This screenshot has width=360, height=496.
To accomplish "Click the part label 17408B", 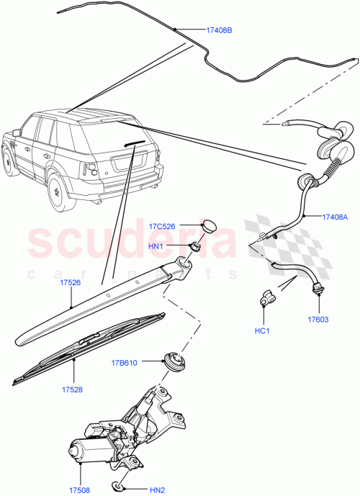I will point(220,31).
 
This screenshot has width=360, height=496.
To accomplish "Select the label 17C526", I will point(163,226).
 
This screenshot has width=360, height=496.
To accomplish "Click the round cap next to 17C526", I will point(209,225).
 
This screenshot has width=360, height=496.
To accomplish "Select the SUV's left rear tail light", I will point(91,170).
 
